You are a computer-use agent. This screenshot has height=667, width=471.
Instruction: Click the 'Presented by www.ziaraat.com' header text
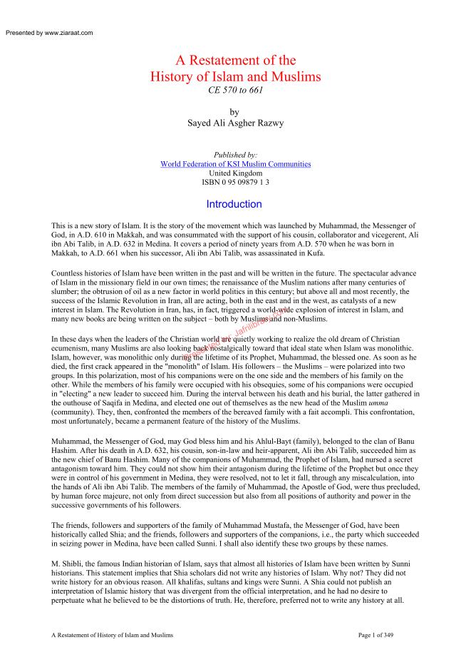coord(48,33)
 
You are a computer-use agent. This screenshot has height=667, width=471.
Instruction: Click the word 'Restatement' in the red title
coord(222,61)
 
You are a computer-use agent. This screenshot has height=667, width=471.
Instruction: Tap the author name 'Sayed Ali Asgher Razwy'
coord(234,123)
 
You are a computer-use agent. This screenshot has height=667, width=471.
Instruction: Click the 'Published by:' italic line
coord(234,155)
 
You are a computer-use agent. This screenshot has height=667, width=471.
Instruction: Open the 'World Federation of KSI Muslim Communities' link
coord(235,164)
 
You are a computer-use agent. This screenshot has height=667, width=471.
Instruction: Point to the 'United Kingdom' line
coord(234,173)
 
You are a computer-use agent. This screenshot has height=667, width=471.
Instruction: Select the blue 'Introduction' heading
coord(234,205)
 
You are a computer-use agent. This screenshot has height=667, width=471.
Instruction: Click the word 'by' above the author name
coord(234,112)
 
